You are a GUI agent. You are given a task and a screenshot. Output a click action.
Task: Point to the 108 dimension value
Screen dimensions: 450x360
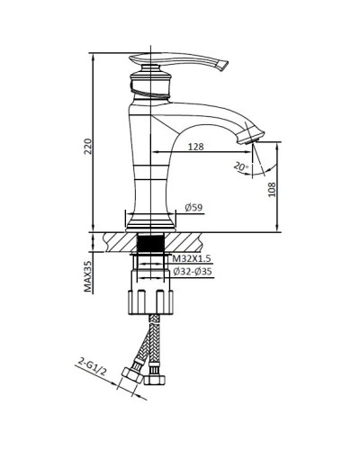click(x=271, y=188)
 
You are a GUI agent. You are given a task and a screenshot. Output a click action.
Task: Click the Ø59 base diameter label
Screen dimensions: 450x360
click(x=193, y=208)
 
